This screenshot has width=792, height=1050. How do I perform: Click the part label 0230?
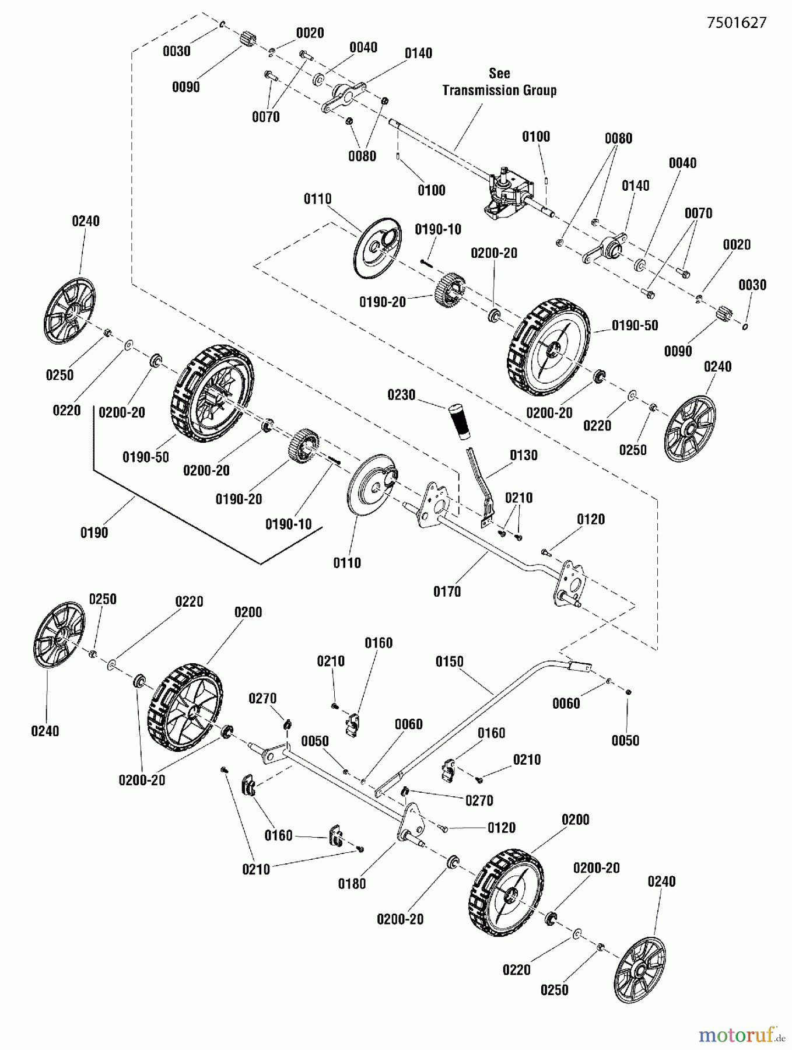[x=401, y=395]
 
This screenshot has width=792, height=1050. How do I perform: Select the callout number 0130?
[x=523, y=456]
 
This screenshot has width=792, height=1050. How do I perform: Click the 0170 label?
[x=447, y=592]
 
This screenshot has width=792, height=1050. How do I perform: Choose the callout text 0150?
[x=449, y=662]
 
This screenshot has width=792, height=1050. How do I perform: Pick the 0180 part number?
[x=352, y=884]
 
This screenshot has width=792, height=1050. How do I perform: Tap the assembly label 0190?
[x=94, y=533]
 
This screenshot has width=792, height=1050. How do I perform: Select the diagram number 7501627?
[x=737, y=23]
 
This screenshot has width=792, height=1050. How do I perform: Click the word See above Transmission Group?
[x=499, y=73]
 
